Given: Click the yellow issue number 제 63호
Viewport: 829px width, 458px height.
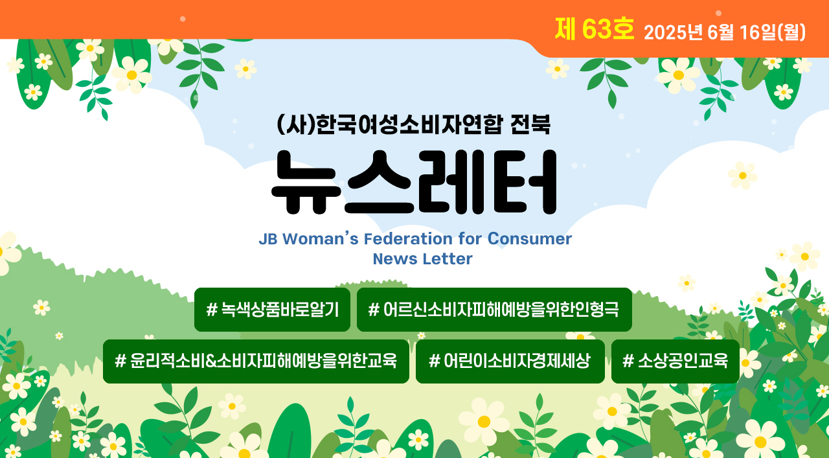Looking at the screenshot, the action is click(595, 29).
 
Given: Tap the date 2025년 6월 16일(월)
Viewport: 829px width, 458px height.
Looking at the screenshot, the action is click(725, 32).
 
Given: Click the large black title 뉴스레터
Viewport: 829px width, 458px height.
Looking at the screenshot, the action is click(414, 182).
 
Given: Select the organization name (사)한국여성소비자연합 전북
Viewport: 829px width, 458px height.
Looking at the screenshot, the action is click(413, 124).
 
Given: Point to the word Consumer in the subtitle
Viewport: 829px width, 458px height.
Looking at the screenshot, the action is click(530, 239).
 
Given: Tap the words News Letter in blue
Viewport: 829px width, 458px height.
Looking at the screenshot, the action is click(423, 259).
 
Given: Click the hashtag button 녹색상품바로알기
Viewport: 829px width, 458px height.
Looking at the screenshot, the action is click(272, 310).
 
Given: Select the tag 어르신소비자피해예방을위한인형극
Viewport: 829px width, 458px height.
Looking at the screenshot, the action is click(494, 310).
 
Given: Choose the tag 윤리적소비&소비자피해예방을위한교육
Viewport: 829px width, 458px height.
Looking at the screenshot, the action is click(256, 361).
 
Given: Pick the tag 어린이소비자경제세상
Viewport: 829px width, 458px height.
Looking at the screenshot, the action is click(510, 361).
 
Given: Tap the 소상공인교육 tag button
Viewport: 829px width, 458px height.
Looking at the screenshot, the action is click(676, 361).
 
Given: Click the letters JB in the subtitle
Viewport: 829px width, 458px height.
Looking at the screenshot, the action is click(268, 239).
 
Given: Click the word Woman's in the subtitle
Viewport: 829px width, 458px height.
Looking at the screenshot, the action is click(321, 239).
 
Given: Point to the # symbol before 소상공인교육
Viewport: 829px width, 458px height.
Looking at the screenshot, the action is click(628, 361).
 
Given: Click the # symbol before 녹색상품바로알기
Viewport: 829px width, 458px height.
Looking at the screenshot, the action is click(212, 310).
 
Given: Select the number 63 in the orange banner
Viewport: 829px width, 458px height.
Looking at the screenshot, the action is click(597, 29).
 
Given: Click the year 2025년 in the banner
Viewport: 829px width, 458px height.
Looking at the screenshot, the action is click(673, 32).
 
